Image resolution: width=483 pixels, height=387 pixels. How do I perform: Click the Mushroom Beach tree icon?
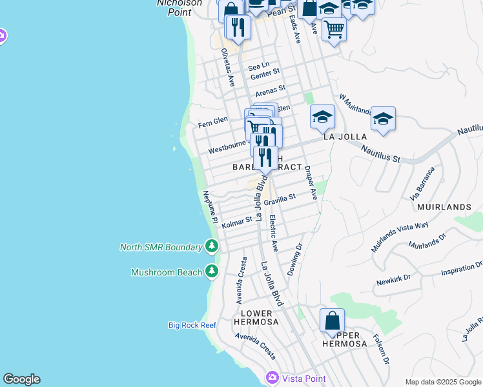[212, 272]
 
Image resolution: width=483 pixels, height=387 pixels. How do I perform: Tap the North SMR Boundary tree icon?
[212, 246]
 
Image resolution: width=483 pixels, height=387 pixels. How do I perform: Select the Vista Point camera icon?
[272, 377]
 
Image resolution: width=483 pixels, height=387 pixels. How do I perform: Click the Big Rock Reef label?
[192, 325]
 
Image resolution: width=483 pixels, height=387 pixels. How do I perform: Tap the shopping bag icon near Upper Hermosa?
[332, 321]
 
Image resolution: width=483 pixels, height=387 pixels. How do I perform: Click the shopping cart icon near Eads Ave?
[334, 28]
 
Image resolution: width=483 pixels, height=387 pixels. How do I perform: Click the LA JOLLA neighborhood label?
[345, 137]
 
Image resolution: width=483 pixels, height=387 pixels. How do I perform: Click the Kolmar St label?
[237, 222]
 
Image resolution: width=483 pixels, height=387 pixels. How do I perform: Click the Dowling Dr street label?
[294, 259]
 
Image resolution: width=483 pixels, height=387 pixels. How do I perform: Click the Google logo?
[21, 379]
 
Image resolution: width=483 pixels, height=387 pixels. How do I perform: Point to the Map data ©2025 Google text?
[442, 382]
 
